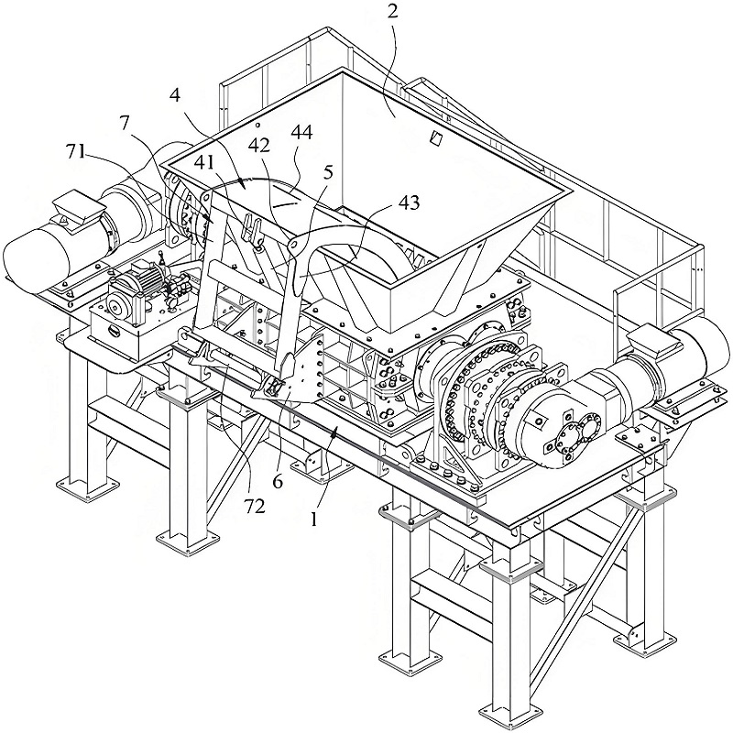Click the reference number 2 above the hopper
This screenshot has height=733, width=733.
click(x=393, y=11)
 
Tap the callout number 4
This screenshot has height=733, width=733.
click(x=175, y=95)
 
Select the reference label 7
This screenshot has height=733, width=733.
click(x=124, y=123)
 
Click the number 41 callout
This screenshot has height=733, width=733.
click(x=205, y=162)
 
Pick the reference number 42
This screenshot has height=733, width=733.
click(x=259, y=145)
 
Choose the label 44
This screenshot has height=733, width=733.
click(x=301, y=132)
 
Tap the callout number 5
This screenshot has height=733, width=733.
click(x=328, y=172)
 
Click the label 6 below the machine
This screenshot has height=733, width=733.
click(x=278, y=482)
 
